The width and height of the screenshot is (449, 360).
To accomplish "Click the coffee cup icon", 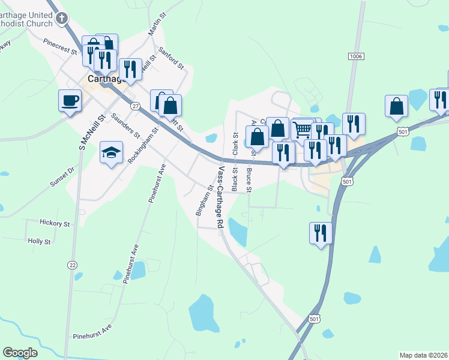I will pyautogui.click(x=70, y=100).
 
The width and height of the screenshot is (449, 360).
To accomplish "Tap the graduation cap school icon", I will pyautogui.click(x=112, y=152).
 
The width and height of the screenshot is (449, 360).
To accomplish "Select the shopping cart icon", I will pyautogui.click(x=302, y=130).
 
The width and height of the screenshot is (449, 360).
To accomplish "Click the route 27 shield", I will pyautogui.click(x=136, y=106).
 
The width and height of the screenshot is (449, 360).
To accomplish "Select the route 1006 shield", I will pyautogui.click(x=355, y=56).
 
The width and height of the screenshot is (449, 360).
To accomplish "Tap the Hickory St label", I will pyautogui.click(x=55, y=223).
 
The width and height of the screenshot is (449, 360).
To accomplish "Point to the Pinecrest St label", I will pyautogui.click(x=60, y=46).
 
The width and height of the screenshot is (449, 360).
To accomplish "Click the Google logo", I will pyautogui.click(x=20, y=353).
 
